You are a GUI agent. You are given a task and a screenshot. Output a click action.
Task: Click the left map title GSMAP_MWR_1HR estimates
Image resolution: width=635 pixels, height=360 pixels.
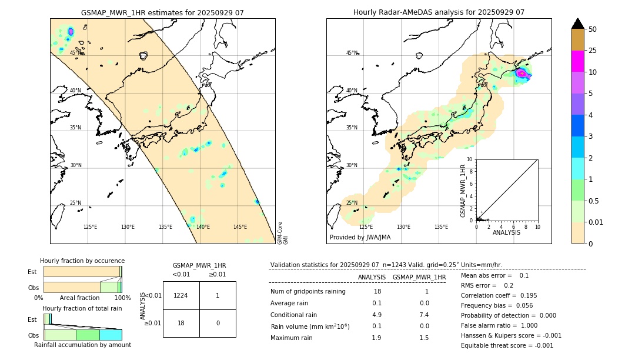162,12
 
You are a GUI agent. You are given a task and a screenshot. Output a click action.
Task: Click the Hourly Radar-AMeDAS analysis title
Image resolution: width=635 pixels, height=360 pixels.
439,12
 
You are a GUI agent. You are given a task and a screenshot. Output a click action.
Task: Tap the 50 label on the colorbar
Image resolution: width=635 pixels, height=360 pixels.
593,29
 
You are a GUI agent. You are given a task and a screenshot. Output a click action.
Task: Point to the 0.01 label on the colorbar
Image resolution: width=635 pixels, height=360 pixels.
596,222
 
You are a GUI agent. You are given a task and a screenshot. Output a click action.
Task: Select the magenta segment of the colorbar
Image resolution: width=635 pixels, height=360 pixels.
577,61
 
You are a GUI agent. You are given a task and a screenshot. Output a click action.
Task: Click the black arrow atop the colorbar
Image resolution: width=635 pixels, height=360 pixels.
577,24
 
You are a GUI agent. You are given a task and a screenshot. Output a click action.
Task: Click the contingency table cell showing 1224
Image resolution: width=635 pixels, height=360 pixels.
181,295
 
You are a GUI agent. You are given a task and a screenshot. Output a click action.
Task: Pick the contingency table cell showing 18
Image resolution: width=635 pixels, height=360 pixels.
181,323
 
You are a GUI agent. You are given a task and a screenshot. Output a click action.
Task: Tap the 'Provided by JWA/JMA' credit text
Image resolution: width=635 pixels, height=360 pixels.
360,238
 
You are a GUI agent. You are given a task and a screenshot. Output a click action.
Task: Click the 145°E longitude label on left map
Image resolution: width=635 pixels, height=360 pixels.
240,227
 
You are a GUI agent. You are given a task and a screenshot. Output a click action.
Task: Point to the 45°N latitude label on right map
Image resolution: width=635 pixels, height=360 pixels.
352,53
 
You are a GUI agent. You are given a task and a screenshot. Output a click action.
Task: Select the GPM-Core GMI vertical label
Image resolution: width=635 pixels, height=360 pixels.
283,232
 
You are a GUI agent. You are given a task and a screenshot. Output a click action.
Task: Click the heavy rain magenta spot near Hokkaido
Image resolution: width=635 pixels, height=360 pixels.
521,74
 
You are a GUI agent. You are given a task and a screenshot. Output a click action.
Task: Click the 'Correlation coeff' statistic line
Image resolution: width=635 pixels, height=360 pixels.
499,295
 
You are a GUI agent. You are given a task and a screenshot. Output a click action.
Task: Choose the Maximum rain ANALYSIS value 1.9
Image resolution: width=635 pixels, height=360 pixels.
376,338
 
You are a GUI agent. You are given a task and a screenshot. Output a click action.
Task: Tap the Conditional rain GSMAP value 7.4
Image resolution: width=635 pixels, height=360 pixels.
424,315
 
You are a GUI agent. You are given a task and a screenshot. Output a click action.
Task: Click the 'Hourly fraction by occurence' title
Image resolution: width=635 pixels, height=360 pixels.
82,261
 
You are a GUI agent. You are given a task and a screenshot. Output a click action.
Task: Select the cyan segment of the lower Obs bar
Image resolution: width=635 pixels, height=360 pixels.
111,335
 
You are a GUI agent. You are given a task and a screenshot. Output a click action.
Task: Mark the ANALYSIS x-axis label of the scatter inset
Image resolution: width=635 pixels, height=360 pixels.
506,232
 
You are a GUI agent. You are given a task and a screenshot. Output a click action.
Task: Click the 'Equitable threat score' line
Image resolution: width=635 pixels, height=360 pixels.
507,345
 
